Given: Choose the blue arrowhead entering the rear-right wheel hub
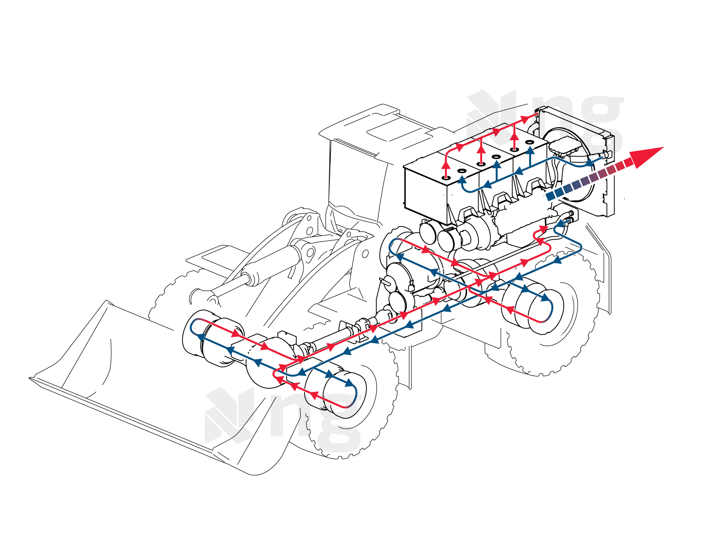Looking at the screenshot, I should pyautogui.click(x=545, y=298).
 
